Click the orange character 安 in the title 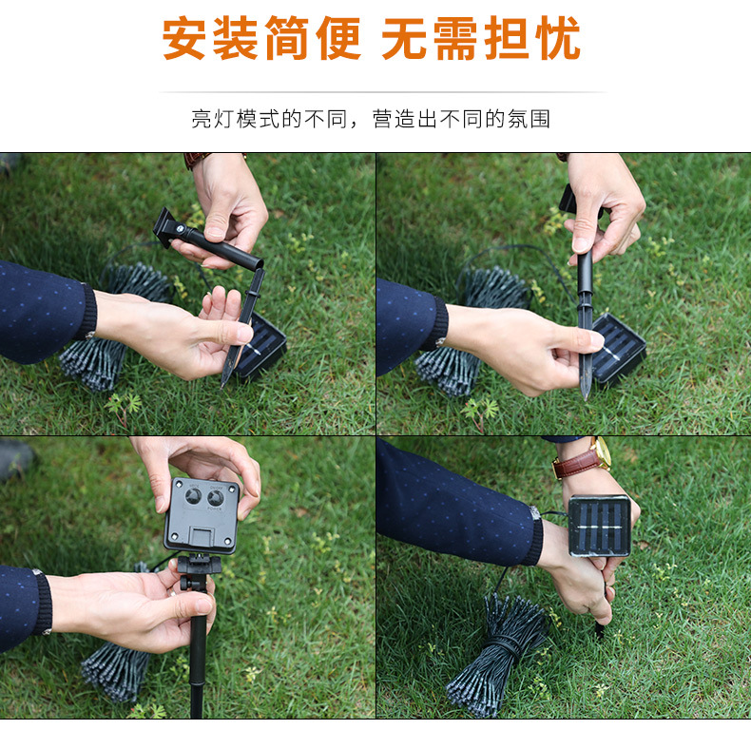[185, 40]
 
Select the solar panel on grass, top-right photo [620, 348]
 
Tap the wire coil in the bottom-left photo [119, 670]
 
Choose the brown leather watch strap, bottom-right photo [577, 464]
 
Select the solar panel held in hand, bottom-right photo [599, 525]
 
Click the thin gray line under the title [380, 92]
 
